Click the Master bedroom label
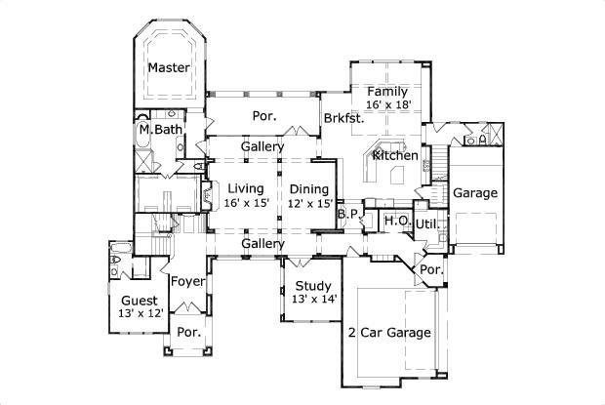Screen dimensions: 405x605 click(168, 68)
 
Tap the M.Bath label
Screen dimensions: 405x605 click(159, 129)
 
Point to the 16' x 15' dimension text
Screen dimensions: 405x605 click(246, 203)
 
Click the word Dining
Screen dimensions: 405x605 click(308, 188)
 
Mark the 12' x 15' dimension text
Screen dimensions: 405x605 click(310, 203)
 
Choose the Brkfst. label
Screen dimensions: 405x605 click(343, 118)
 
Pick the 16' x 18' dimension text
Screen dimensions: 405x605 click(387, 104)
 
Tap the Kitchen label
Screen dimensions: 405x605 click(395, 155)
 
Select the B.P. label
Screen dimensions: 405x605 click(347, 213)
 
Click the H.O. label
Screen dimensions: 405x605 click(395, 221)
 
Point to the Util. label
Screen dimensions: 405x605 click(428, 223)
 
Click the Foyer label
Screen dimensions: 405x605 click(186, 281)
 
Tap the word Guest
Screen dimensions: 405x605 click(141, 301)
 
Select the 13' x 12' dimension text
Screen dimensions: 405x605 click(141, 313)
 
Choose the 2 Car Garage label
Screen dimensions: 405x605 click(389, 333)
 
